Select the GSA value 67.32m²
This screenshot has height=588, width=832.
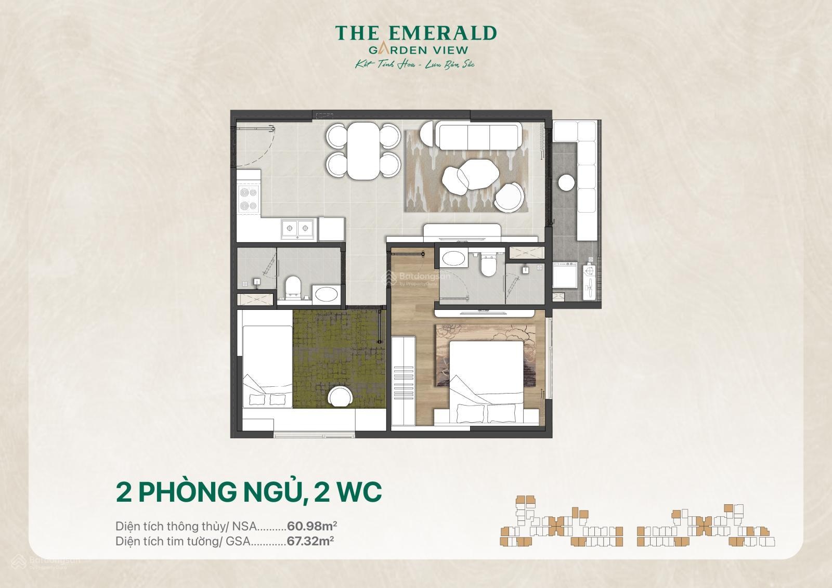(x=310, y=541)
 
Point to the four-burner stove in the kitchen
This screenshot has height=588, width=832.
(x=248, y=200)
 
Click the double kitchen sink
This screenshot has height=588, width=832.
(x=297, y=228)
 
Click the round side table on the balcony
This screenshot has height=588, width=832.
(x=566, y=182)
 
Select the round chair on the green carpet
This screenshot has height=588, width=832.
(x=341, y=398)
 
